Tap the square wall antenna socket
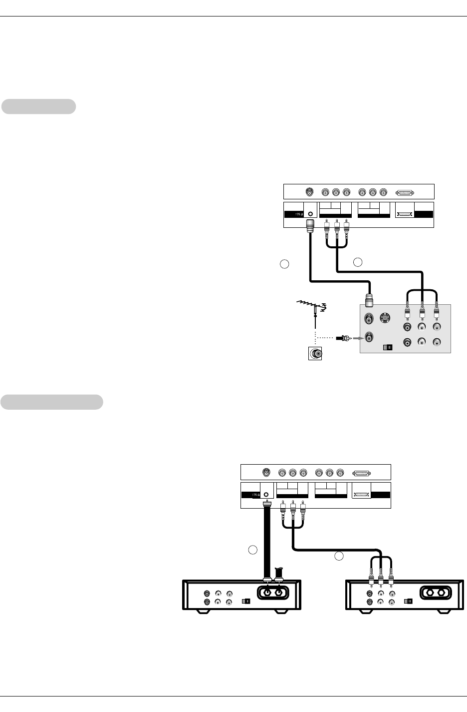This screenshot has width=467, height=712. pyautogui.click(x=315, y=354)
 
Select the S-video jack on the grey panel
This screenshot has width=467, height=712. pyautogui.click(x=385, y=318)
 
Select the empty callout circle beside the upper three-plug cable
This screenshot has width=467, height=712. pyautogui.click(x=358, y=261)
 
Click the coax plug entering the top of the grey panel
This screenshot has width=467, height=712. pyautogui.click(x=370, y=300)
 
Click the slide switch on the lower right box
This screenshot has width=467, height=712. pyautogui.click(x=408, y=601)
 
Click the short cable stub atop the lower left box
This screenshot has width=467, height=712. pyautogui.click(x=279, y=571)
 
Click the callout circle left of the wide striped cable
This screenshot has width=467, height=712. pyautogui.click(x=252, y=550)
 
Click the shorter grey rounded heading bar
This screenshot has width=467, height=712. pyautogui.click(x=38, y=106)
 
